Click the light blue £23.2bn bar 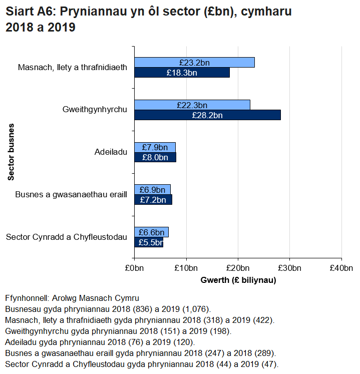pos(194,63)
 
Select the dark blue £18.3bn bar pos(182,73)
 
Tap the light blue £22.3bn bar pos(192,105)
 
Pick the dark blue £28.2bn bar pos(207,115)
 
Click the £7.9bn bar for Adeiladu pos(155,147)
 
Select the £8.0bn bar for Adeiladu pos(155,157)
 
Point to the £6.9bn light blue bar pos(152,190)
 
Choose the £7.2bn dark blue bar pos(153,200)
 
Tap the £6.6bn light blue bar pos(151,232)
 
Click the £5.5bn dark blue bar pos(149,243)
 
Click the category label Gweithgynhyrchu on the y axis pos(95,109)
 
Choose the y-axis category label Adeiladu pos(111,152)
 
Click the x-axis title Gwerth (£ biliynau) pos(238,280)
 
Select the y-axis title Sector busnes pos(11,151)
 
